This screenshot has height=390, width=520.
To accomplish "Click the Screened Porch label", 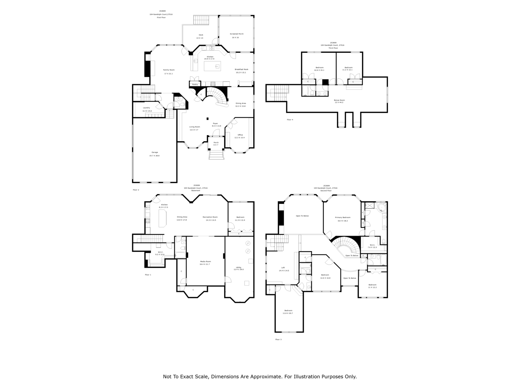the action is (237, 34).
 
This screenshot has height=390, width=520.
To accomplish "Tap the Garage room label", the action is (154, 152).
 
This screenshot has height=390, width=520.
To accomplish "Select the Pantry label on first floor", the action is (195, 84).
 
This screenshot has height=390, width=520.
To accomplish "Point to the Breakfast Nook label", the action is (241, 69).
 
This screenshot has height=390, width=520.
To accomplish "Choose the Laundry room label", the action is (146, 108).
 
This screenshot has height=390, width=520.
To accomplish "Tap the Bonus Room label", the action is (339, 100).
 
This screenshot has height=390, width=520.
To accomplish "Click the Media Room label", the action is (205, 261).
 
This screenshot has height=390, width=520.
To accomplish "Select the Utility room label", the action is (239, 267).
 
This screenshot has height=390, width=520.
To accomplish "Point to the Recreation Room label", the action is (210, 217).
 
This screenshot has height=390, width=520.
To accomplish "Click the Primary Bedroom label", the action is (343, 217).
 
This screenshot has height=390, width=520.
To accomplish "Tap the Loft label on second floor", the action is (283, 268).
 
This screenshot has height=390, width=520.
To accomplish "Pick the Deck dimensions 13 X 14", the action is (200, 38).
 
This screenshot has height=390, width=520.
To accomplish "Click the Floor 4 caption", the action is (290, 120).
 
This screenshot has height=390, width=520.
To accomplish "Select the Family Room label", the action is (169, 70).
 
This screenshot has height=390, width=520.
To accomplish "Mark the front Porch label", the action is (216, 142).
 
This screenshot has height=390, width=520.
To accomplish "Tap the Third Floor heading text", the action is (333, 48).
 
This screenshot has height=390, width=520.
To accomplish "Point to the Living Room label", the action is (195, 127).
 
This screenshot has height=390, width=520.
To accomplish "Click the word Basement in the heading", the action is (196, 191).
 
